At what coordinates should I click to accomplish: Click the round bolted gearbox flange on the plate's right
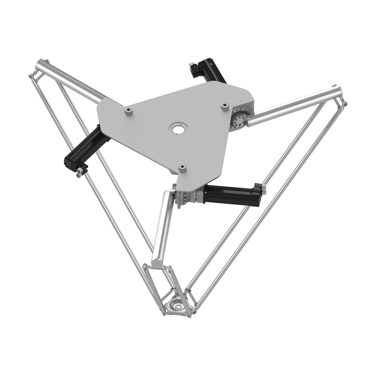(x=238, y=119)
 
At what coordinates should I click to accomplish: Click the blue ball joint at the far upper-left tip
(x=30, y=76)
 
